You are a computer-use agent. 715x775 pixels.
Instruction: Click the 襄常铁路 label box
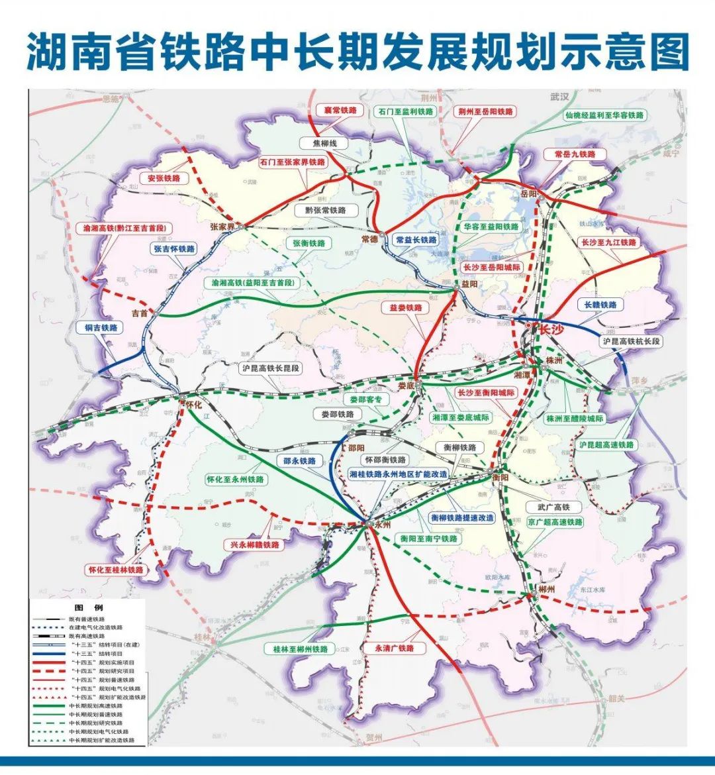340,110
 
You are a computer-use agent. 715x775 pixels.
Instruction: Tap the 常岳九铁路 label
575,154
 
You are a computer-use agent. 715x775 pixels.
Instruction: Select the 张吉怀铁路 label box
175,249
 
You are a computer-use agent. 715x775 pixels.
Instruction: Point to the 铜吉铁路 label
101,328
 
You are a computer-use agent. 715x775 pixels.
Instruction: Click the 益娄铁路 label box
405,308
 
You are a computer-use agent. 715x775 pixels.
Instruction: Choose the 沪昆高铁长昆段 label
270,368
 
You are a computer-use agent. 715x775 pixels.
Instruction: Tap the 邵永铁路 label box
299,461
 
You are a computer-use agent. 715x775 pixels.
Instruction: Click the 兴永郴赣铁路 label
255,544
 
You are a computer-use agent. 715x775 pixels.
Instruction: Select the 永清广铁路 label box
394,648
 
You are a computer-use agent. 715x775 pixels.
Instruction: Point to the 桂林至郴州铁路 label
301,649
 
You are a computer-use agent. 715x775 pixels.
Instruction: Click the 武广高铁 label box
549,507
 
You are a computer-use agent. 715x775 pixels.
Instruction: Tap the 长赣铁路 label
600,305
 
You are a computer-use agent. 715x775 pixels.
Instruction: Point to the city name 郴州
546,588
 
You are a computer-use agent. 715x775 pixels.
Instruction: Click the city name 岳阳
528,193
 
